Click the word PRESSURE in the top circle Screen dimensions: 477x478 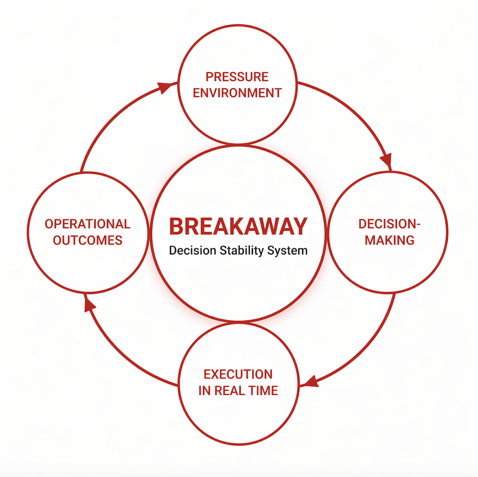coord(237,77)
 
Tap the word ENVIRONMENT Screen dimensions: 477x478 coord(237,93)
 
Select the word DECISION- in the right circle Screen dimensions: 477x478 coord(389,224)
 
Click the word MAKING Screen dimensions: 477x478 coord(389,240)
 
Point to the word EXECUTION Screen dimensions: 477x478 coord(238,374)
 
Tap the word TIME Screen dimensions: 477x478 coord(263,391)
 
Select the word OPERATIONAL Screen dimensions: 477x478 coord(88,224)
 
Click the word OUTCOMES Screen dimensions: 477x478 coord(88,240)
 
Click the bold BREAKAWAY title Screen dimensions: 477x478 coord(238,226)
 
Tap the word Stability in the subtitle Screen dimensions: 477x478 coord(242,251)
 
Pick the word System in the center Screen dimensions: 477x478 coord(287,251)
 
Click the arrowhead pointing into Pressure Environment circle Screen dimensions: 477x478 coord(165,87)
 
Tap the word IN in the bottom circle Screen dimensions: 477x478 coord(204,391)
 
